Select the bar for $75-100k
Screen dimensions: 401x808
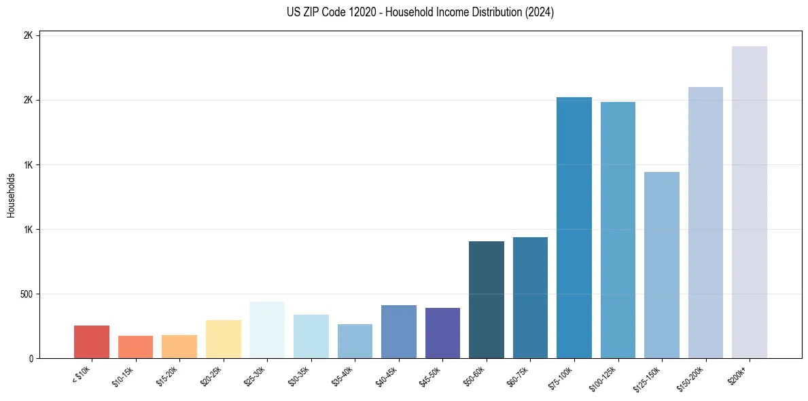pyautogui.click(x=574, y=228)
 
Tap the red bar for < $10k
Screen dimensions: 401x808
pyautogui.click(x=92, y=342)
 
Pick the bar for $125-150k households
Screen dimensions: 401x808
pyautogui.click(x=661, y=265)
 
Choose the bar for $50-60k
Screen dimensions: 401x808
pyautogui.click(x=486, y=300)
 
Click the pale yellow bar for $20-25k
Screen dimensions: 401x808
pyautogui.click(x=223, y=339)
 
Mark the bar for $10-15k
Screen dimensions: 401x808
pyautogui.click(x=135, y=347)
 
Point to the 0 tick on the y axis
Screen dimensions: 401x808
pyautogui.click(x=31, y=359)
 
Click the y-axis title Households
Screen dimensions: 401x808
pyautogui.click(x=12, y=195)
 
